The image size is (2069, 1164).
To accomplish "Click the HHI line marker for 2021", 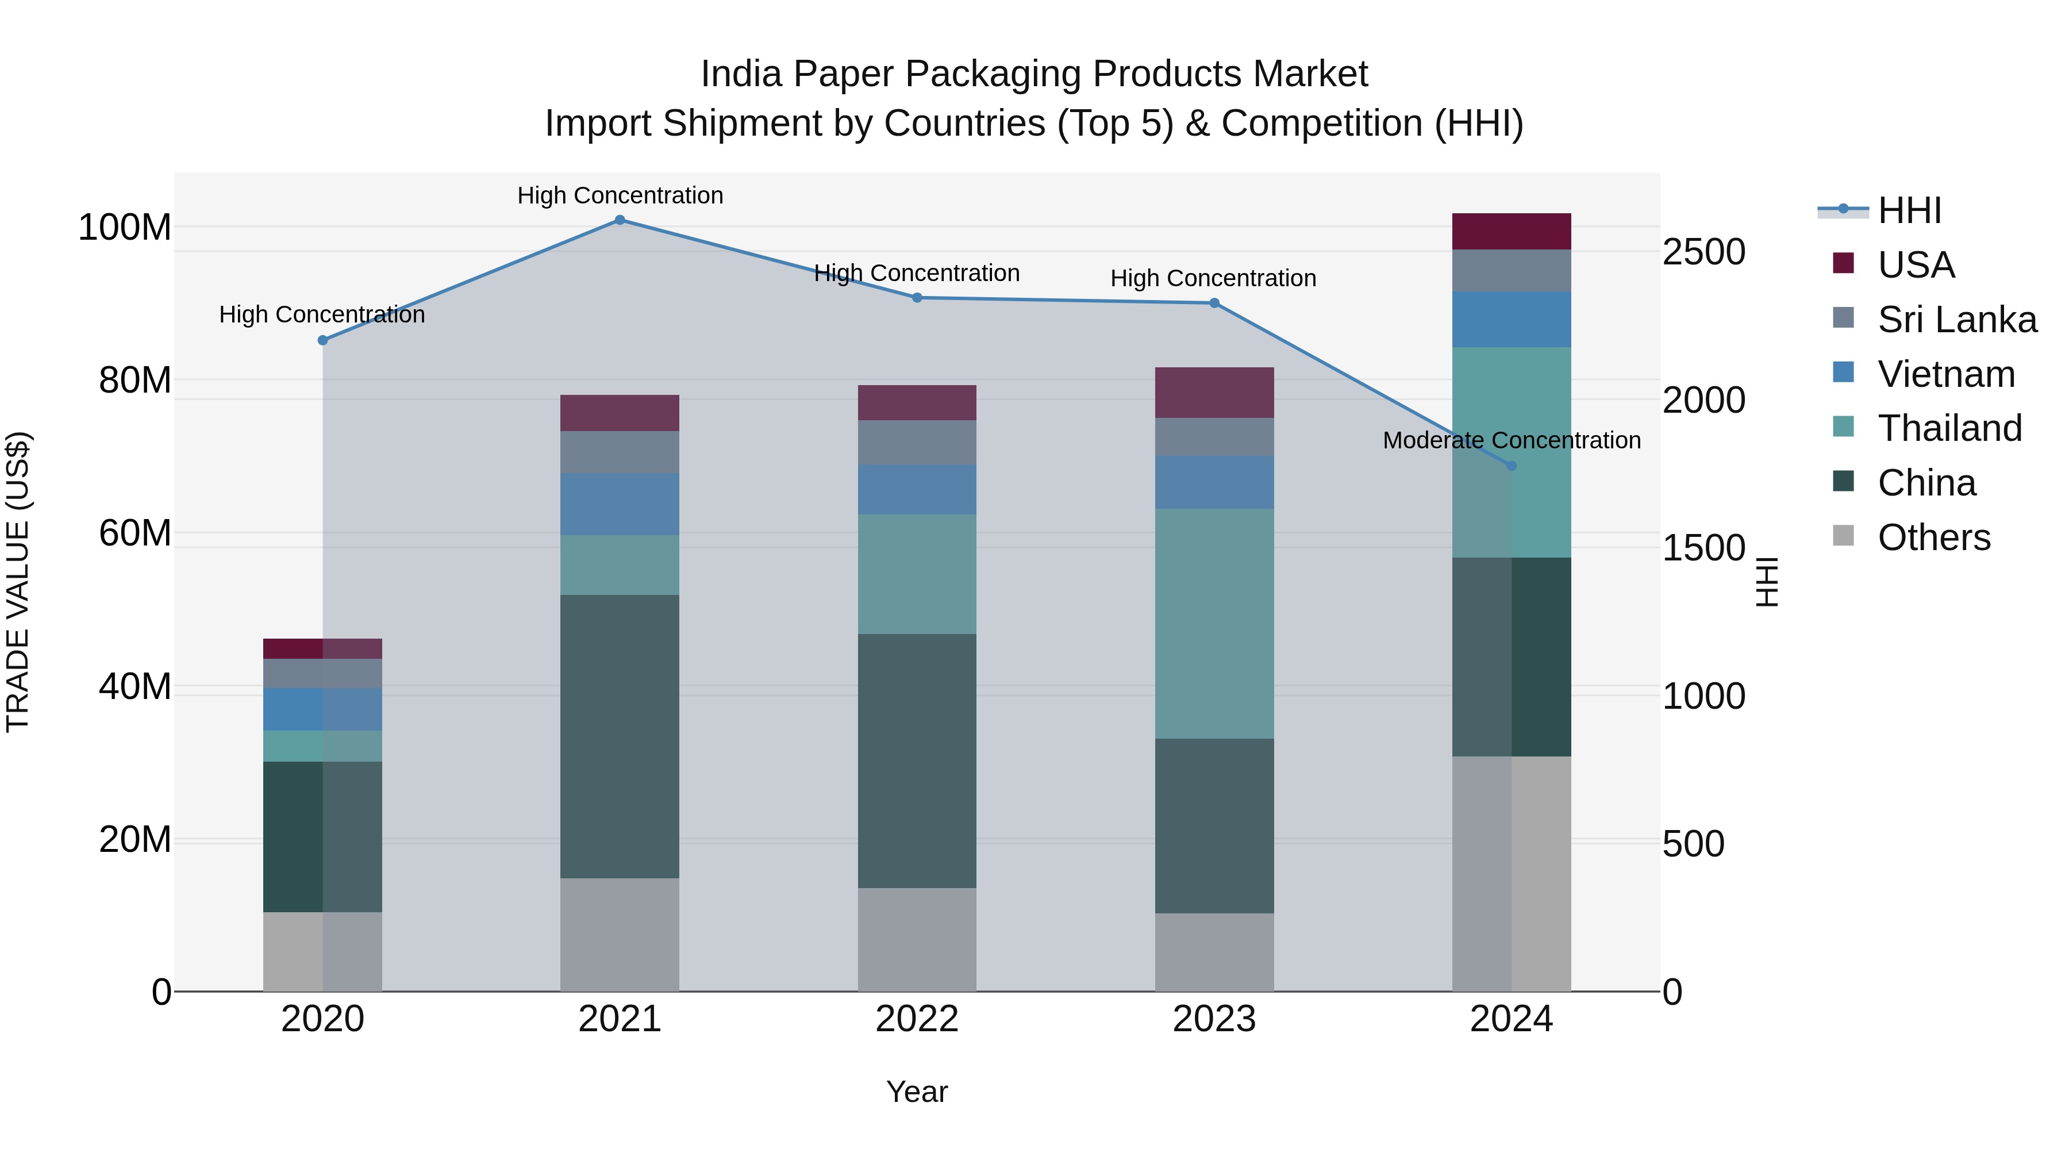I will (619, 220).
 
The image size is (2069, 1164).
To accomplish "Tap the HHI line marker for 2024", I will (1511, 466).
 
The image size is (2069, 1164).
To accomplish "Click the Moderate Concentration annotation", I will (1511, 440).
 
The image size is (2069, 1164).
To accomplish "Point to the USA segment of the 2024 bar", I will (1511, 231).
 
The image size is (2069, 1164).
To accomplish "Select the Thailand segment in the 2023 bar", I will (1214, 623).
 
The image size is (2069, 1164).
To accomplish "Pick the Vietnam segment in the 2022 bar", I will (917, 489).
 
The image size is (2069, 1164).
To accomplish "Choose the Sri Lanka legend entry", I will (1956, 320).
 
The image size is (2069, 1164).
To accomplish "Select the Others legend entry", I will (1933, 537).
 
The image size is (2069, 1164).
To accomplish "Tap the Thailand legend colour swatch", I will (1843, 427).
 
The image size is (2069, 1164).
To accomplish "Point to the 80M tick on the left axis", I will (134, 380).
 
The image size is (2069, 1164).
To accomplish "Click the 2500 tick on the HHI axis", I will (1703, 252).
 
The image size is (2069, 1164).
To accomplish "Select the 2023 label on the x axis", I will (1214, 1019).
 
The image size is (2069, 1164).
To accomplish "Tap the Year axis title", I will (917, 1092).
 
